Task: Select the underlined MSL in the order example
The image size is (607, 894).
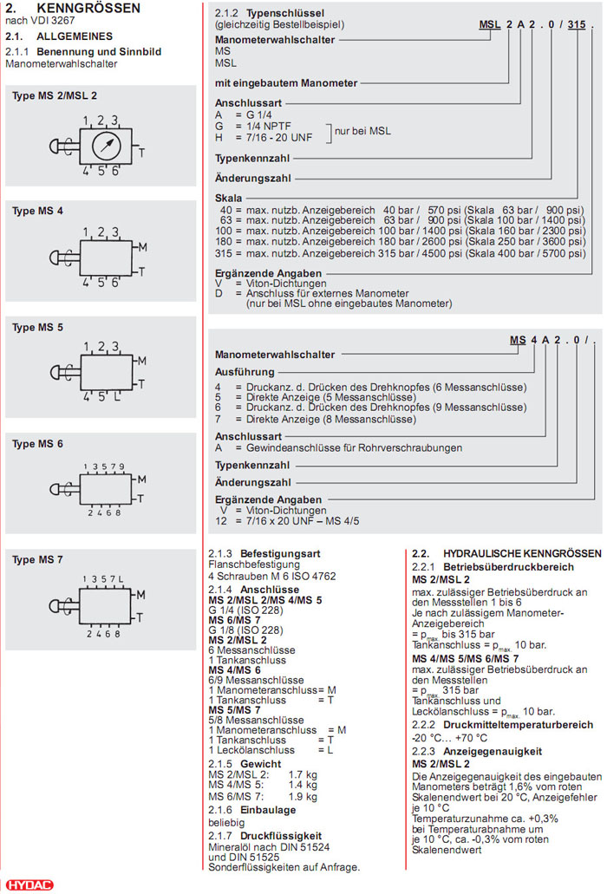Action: pyautogui.click(x=491, y=25)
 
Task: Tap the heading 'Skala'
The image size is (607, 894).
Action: pyautogui.click(x=229, y=199)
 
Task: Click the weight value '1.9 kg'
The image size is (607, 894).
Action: pyautogui.click(x=303, y=796)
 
